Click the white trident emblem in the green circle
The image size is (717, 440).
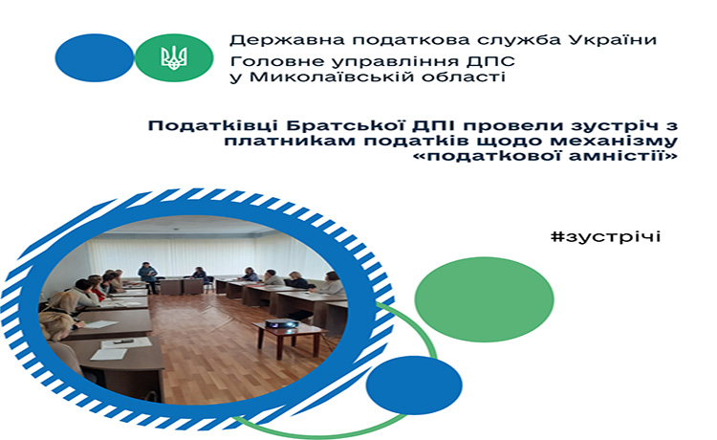pyautogui.click(x=174, y=58)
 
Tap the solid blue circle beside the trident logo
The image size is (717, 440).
pyautogui.click(x=95, y=57)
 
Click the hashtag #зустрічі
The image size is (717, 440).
pyautogui.click(x=605, y=237)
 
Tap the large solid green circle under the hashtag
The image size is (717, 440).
pyautogui.click(x=484, y=299)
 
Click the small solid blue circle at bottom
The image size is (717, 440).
pyautogui.click(x=414, y=385)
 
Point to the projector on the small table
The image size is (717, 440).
pyautogui.click(x=282, y=324)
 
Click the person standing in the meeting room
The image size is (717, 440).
pyautogui.click(x=147, y=276)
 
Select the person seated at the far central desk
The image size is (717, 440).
pyautogui.click(x=200, y=275)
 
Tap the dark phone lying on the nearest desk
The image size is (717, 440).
pyautogui.click(x=123, y=341)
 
